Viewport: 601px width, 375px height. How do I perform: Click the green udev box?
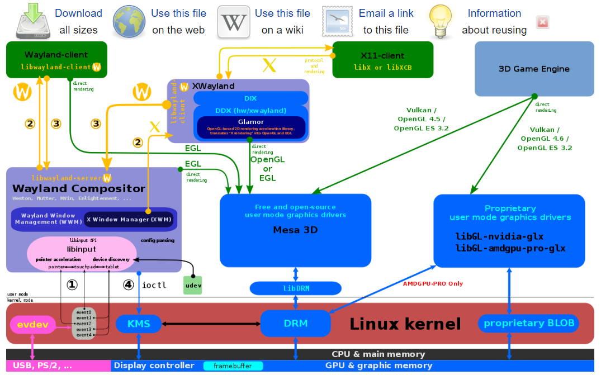[193, 285]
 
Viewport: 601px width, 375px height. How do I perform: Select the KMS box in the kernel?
[139, 324]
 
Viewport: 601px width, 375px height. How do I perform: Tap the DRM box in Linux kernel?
[296, 323]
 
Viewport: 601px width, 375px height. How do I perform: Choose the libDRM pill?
[295, 288]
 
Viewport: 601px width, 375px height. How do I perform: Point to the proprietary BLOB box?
[528, 323]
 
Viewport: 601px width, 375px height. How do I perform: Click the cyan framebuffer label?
[233, 366]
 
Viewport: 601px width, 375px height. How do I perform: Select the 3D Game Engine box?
[534, 69]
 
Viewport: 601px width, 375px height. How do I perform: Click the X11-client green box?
[382, 60]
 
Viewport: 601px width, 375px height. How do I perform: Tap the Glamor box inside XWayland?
[250, 127]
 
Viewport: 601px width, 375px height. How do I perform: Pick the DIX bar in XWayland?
[250, 98]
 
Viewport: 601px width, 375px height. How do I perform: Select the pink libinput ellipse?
[82, 253]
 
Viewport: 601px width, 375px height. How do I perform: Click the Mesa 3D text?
[295, 230]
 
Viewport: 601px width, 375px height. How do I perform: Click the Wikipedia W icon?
[234, 22]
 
